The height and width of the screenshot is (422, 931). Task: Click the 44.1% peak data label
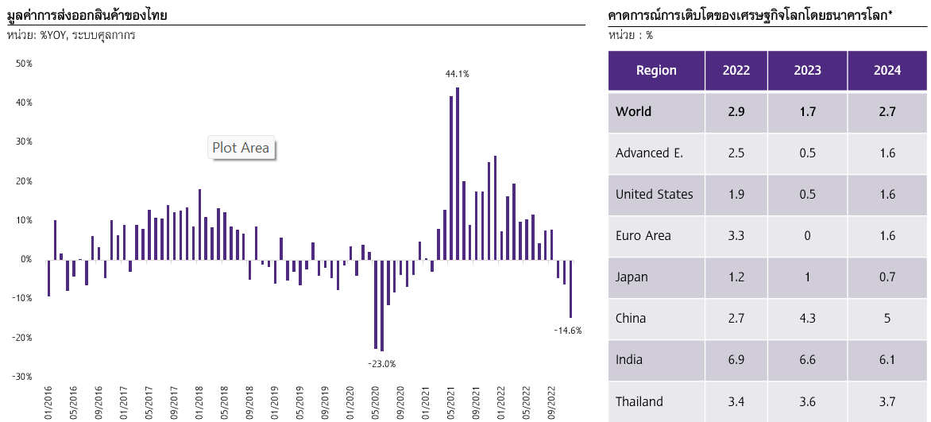click(458, 74)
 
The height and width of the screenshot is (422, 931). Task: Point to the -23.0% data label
click(382, 364)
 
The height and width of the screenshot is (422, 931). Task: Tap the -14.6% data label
click(568, 331)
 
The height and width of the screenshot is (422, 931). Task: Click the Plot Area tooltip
click(241, 147)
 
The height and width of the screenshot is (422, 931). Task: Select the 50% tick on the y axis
click(24, 64)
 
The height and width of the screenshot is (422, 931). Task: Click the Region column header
click(656, 70)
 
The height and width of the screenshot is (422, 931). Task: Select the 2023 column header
click(808, 70)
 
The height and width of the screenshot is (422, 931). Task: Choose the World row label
click(634, 112)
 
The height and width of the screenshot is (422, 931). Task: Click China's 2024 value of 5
click(887, 319)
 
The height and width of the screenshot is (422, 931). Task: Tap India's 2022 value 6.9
click(736, 359)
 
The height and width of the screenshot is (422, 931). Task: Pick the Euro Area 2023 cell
click(808, 236)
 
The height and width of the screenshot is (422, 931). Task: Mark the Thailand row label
click(639, 401)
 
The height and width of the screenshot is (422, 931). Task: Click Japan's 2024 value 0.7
click(887, 277)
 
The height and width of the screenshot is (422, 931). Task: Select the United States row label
click(655, 195)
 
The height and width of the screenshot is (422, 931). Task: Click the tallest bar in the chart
click(458, 173)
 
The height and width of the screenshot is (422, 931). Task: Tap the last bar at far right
click(570, 288)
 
